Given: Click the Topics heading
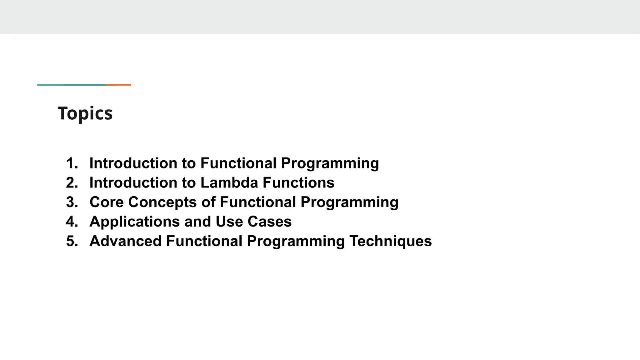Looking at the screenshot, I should [x=85, y=113].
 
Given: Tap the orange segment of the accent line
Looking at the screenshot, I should [x=118, y=85].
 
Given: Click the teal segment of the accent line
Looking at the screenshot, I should [x=71, y=85].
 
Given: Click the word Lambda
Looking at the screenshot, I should [x=229, y=182].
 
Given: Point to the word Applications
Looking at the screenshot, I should [x=135, y=222].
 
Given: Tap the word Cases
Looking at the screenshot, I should [x=269, y=222].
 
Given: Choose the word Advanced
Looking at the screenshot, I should [x=125, y=241].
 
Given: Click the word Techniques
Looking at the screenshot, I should [x=390, y=241].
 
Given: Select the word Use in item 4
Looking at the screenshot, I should [x=229, y=222].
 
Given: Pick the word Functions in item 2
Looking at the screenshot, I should [x=298, y=182].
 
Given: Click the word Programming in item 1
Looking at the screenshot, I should [x=330, y=163].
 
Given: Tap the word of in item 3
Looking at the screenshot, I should [x=208, y=202].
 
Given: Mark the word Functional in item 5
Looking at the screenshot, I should [x=204, y=241].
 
